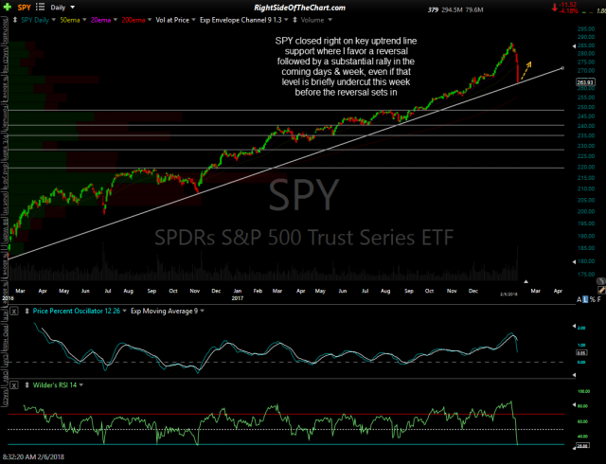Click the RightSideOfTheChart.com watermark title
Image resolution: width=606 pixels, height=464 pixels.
click(x=303, y=8)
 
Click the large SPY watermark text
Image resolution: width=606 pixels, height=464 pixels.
click(x=303, y=195)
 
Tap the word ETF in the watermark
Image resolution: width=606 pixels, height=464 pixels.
click(x=431, y=237)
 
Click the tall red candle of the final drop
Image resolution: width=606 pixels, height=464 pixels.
click(x=517, y=66)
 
